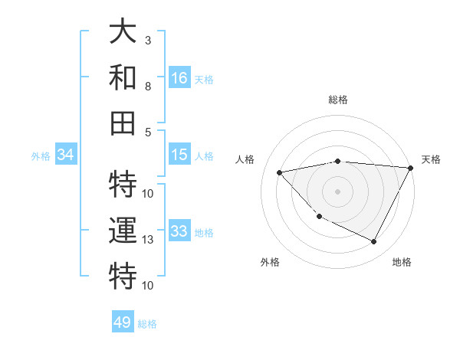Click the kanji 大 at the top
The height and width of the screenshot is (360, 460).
(123, 32)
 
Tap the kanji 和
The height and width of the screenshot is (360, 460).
(123, 77)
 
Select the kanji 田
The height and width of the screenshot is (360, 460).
(123, 122)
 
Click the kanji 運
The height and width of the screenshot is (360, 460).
(123, 232)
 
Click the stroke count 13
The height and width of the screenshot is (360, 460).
(148, 240)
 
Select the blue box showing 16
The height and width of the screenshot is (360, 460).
(179, 77)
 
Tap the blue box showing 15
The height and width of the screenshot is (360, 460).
(179, 155)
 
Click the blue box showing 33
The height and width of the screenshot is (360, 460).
(179, 231)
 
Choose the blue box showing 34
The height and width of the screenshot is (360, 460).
(66, 155)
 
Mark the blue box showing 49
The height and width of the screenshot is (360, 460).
(123, 322)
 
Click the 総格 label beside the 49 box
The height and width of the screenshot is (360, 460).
(147, 324)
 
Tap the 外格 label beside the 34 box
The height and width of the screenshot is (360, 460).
(41, 156)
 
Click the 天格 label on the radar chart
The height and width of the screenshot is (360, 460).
(431, 159)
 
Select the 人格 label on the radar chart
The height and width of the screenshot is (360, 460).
(245, 159)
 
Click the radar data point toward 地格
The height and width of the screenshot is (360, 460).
(373, 242)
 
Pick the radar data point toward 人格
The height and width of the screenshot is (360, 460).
(279, 172)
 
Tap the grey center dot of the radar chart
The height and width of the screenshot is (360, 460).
(337, 191)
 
